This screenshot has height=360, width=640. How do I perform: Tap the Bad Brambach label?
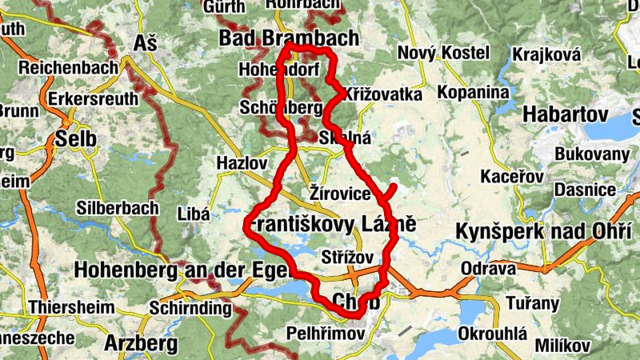288,38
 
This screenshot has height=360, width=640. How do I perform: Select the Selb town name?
75,139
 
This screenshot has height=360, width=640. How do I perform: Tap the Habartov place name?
566,114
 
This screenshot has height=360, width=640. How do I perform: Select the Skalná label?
345,138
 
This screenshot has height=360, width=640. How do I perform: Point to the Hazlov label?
241,163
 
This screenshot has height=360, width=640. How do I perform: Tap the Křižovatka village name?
383,94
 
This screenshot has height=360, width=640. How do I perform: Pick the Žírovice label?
340,194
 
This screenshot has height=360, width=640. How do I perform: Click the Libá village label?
194,214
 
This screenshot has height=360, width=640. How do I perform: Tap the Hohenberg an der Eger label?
179,269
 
